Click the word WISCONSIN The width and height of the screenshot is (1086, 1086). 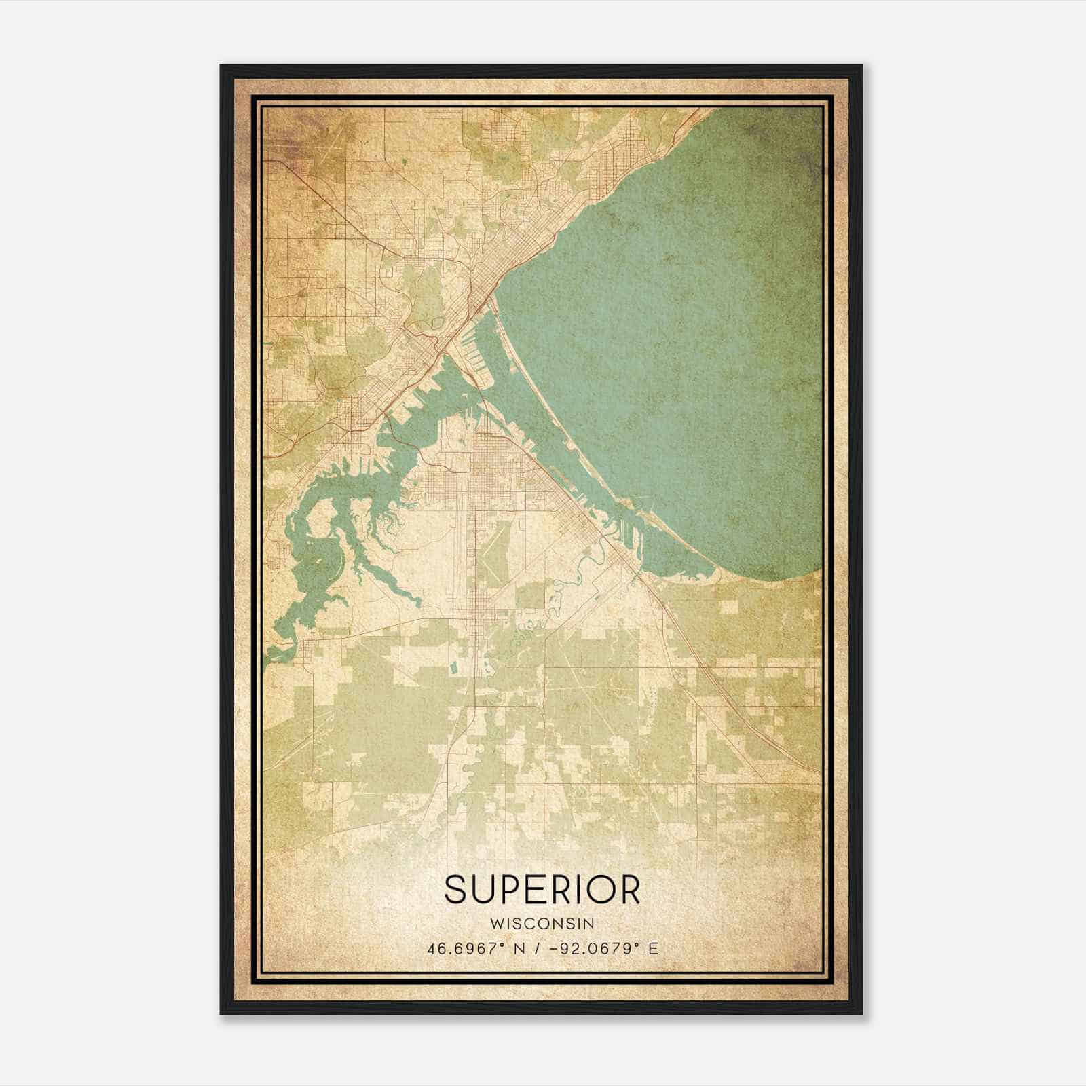[x=542, y=924]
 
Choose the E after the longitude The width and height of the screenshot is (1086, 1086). [x=653, y=949]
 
